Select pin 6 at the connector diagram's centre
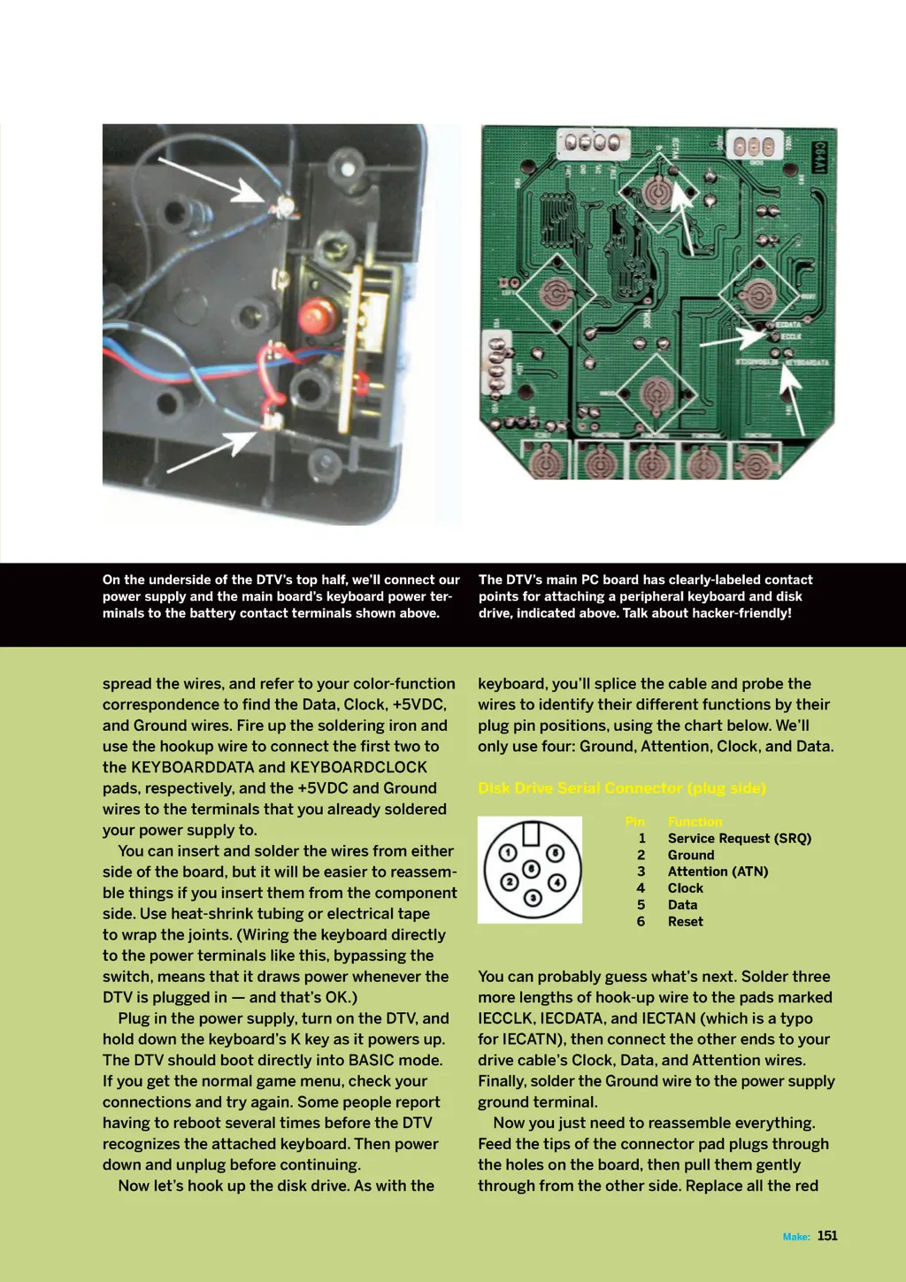(531, 870)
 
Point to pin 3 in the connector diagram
(532, 898)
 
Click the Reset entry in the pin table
(685, 922)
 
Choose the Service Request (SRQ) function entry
(739, 839)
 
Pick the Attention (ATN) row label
(718, 871)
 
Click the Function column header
(695, 822)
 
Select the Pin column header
(634, 822)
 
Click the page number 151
(827, 1236)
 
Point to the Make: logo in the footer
(796, 1237)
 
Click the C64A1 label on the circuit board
(819, 157)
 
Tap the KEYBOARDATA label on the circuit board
(807, 363)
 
